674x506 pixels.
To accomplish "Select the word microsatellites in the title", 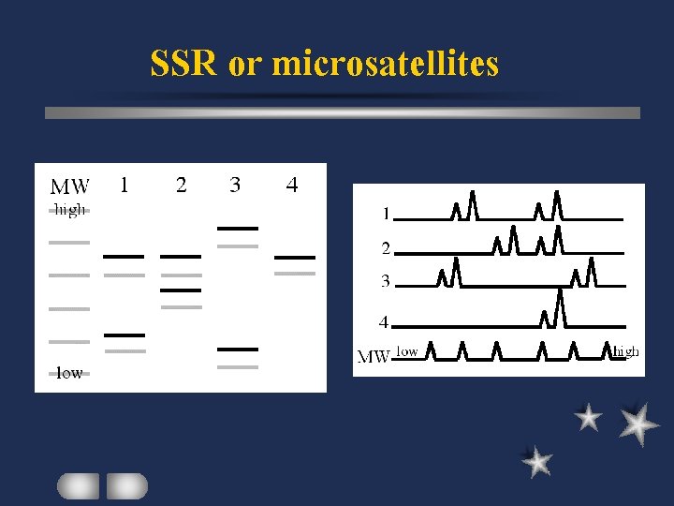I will [385, 64].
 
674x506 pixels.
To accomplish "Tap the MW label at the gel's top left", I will [70, 186].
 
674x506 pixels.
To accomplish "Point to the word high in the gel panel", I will [69, 210].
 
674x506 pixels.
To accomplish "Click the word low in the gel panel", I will [69, 372].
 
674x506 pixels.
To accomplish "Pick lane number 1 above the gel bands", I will [124, 185].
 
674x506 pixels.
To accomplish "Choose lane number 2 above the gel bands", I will [181, 185].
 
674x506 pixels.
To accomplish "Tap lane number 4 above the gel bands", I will [292, 186].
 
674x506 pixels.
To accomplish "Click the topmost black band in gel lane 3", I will [237, 228].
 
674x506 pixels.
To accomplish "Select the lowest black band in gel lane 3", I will [237, 349].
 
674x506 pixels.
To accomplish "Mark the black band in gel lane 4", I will [295, 257].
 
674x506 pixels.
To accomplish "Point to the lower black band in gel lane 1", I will [124, 335].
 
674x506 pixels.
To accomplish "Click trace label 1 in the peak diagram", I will [385, 214].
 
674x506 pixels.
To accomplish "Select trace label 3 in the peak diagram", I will [385, 280].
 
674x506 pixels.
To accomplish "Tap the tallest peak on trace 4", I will [559, 305].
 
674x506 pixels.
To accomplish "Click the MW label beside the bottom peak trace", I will [374, 356].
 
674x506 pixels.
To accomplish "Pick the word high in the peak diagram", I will [625, 351].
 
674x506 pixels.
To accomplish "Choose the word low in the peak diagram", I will [406, 351].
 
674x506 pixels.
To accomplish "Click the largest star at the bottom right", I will [638, 423].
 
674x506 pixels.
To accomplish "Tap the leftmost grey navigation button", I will [78, 485].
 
